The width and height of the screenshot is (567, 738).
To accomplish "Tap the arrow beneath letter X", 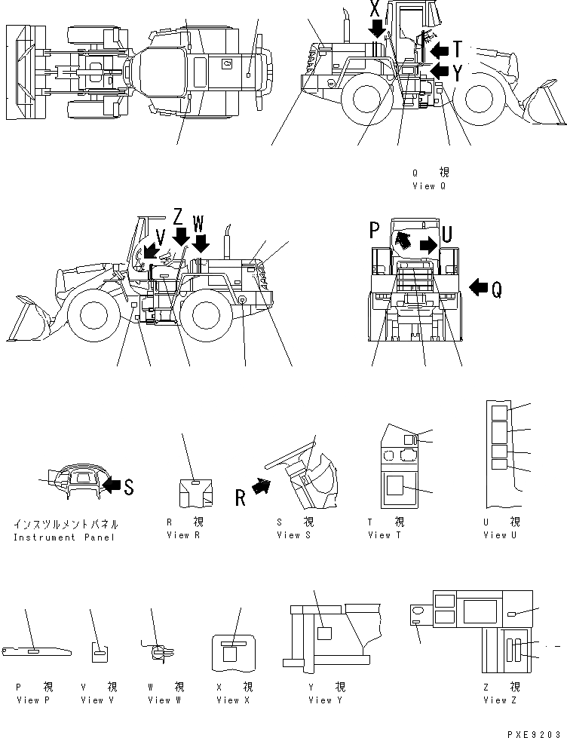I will pos(375,29).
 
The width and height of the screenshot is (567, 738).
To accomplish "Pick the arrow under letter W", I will pos(200,243).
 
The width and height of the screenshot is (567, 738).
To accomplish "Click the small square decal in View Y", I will pos(325,634).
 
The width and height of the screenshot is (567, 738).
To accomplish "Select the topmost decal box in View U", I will pos(499,412).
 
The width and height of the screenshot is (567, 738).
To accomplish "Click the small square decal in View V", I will pos(100,654).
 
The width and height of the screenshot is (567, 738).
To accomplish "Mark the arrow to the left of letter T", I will pos(439,50).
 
